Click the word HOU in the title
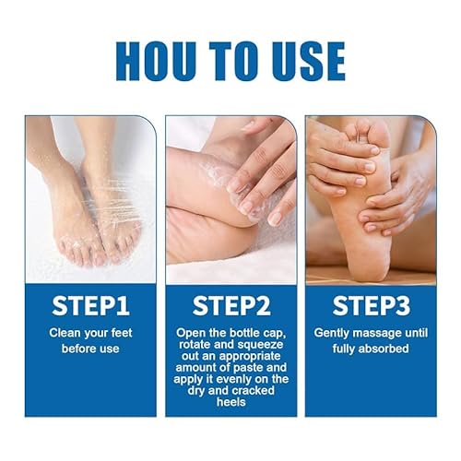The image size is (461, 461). point(156,62)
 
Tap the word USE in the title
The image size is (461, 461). point(309,62)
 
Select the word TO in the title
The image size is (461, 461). point(233,62)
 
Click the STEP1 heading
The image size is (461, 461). point(90,306)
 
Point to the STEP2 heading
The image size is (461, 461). point(231,306)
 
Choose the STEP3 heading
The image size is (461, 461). point(372,306)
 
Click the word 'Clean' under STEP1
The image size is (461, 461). point(65,333)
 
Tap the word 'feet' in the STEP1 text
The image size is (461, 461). point(122,333)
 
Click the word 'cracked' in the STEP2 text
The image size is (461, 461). point(253,391)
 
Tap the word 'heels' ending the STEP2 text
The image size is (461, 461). point(231,402)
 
